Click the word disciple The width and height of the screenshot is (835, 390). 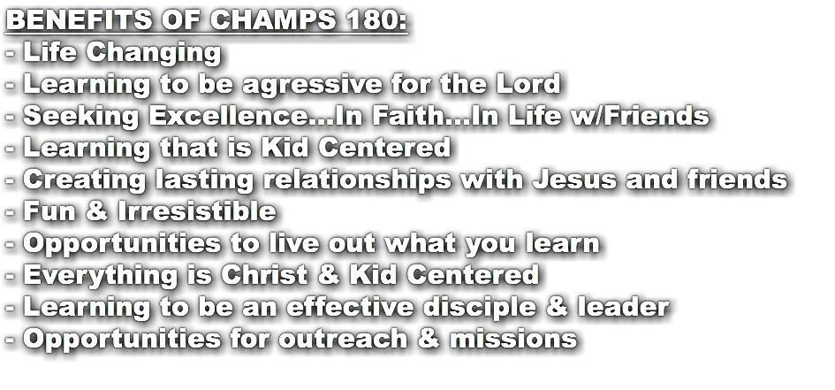click(x=506, y=307)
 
